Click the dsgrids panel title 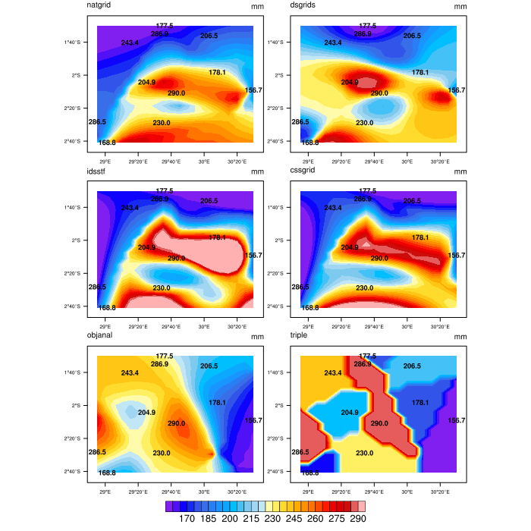(x=303, y=6)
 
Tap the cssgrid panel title (x=303, y=171)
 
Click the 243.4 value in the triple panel (x=333, y=373)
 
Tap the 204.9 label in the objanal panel (x=146, y=413)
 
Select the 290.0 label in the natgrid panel (x=176, y=93)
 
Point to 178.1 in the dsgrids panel (x=420, y=73)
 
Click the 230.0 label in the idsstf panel (x=161, y=288)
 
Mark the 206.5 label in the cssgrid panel (x=412, y=201)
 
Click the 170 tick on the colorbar (x=184, y=519)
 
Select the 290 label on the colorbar (x=357, y=519)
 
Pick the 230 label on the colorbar (x=271, y=519)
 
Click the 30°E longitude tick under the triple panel (x=407, y=491)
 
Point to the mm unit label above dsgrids (x=460, y=7)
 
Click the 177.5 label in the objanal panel (x=165, y=356)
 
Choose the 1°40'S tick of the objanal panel (x=73, y=372)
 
